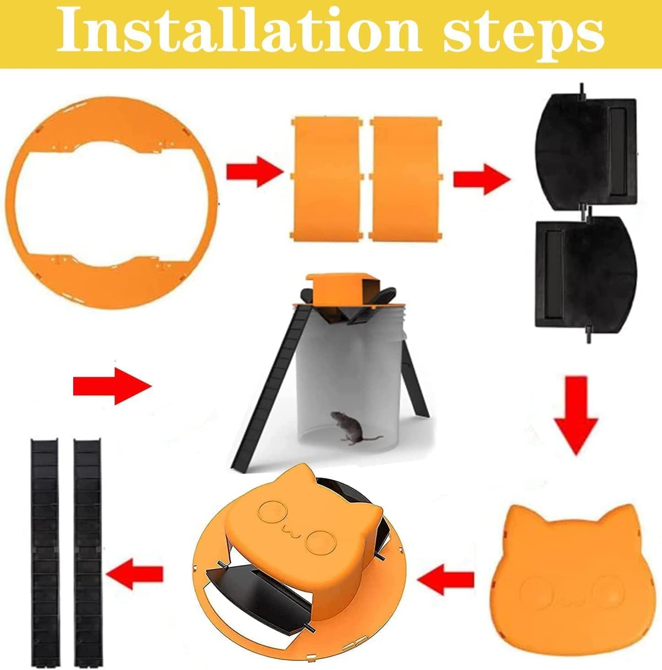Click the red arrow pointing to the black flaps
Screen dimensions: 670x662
point(480,178)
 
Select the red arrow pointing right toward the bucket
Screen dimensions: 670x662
point(112,385)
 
